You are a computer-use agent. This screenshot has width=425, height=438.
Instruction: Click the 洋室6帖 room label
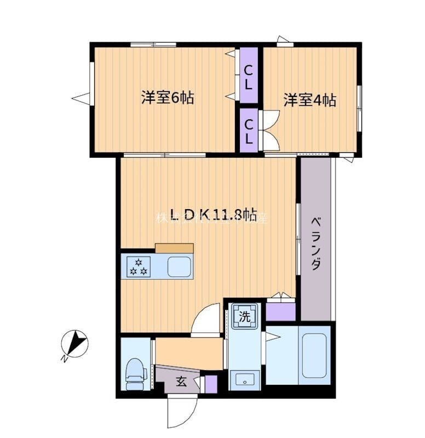tap(167, 99)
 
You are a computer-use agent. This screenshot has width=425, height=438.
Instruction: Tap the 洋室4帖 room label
tap(309, 100)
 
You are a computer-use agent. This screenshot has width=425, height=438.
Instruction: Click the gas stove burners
tap(138, 267)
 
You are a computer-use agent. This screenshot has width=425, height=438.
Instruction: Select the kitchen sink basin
tap(179, 267)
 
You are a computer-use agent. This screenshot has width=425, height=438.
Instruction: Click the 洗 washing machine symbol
tap(244, 316)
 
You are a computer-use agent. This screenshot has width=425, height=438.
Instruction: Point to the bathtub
tap(314, 355)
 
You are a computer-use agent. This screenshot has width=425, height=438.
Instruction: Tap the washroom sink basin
tap(244, 378)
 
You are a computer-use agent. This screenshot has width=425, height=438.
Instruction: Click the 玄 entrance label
tap(181, 382)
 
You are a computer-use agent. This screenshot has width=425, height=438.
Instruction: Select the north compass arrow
tap(74, 344)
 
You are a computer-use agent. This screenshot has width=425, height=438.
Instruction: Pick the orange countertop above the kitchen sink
tap(174, 248)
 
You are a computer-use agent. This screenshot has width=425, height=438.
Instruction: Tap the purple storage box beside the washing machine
tap(280, 311)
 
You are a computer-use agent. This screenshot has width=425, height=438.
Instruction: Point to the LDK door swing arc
tap(206, 319)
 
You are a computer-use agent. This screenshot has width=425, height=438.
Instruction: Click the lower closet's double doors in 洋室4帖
tap(270, 130)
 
